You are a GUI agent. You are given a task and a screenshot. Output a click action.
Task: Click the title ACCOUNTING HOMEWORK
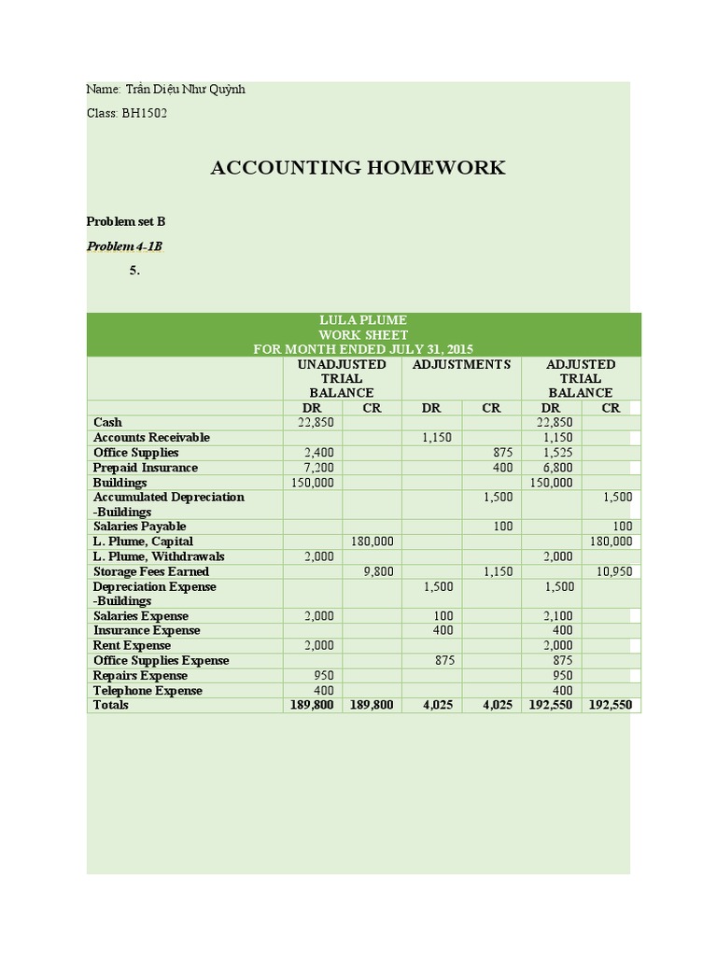click(x=358, y=168)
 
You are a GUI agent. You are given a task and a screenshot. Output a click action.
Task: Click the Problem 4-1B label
click(x=124, y=246)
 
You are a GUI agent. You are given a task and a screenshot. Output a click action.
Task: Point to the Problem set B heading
click(x=125, y=221)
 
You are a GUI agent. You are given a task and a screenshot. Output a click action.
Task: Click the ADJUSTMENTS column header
click(x=461, y=364)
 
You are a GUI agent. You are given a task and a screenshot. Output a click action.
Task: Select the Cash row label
click(x=107, y=422)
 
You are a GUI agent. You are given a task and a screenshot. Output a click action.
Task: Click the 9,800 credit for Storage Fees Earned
click(x=377, y=571)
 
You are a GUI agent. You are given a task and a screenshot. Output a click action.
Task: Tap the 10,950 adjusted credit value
click(x=613, y=571)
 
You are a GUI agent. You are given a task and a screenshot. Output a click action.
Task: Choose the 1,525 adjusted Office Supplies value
click(x=557, y=452)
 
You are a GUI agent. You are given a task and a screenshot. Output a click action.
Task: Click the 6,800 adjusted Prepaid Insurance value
click(x=557, y=467)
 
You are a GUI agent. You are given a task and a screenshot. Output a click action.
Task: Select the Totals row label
click(x=111, y=705)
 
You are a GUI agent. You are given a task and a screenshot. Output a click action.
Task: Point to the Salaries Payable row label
click(x=139, y=527)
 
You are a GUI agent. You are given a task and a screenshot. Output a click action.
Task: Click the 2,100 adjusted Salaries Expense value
click(x=557, y=616)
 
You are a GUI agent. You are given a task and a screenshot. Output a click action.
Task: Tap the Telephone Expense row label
click(x=148, y=691)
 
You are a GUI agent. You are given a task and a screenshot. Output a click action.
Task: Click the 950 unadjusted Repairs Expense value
click(x=323, y=675)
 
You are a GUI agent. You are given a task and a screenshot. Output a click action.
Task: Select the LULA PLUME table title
click(x=363, y=320)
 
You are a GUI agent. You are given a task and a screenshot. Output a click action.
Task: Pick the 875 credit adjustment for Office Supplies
click(x=502, y=452)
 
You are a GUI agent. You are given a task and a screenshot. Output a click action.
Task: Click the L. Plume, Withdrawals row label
click(x=158, y=556)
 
